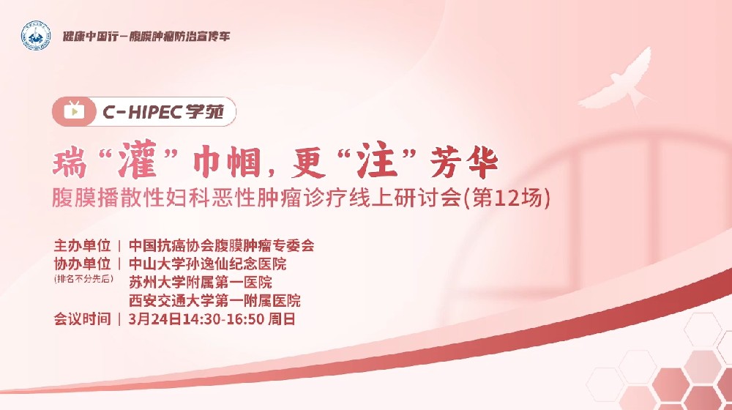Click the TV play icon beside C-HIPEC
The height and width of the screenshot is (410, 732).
(x=74, y=112)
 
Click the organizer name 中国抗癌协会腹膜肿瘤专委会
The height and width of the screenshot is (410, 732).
(x=221, y=245)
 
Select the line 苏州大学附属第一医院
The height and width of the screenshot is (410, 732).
(x=200, y=282)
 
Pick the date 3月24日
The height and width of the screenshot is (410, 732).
(x=151, y=319)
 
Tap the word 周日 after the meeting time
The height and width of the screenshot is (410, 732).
(x=282, y=319)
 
